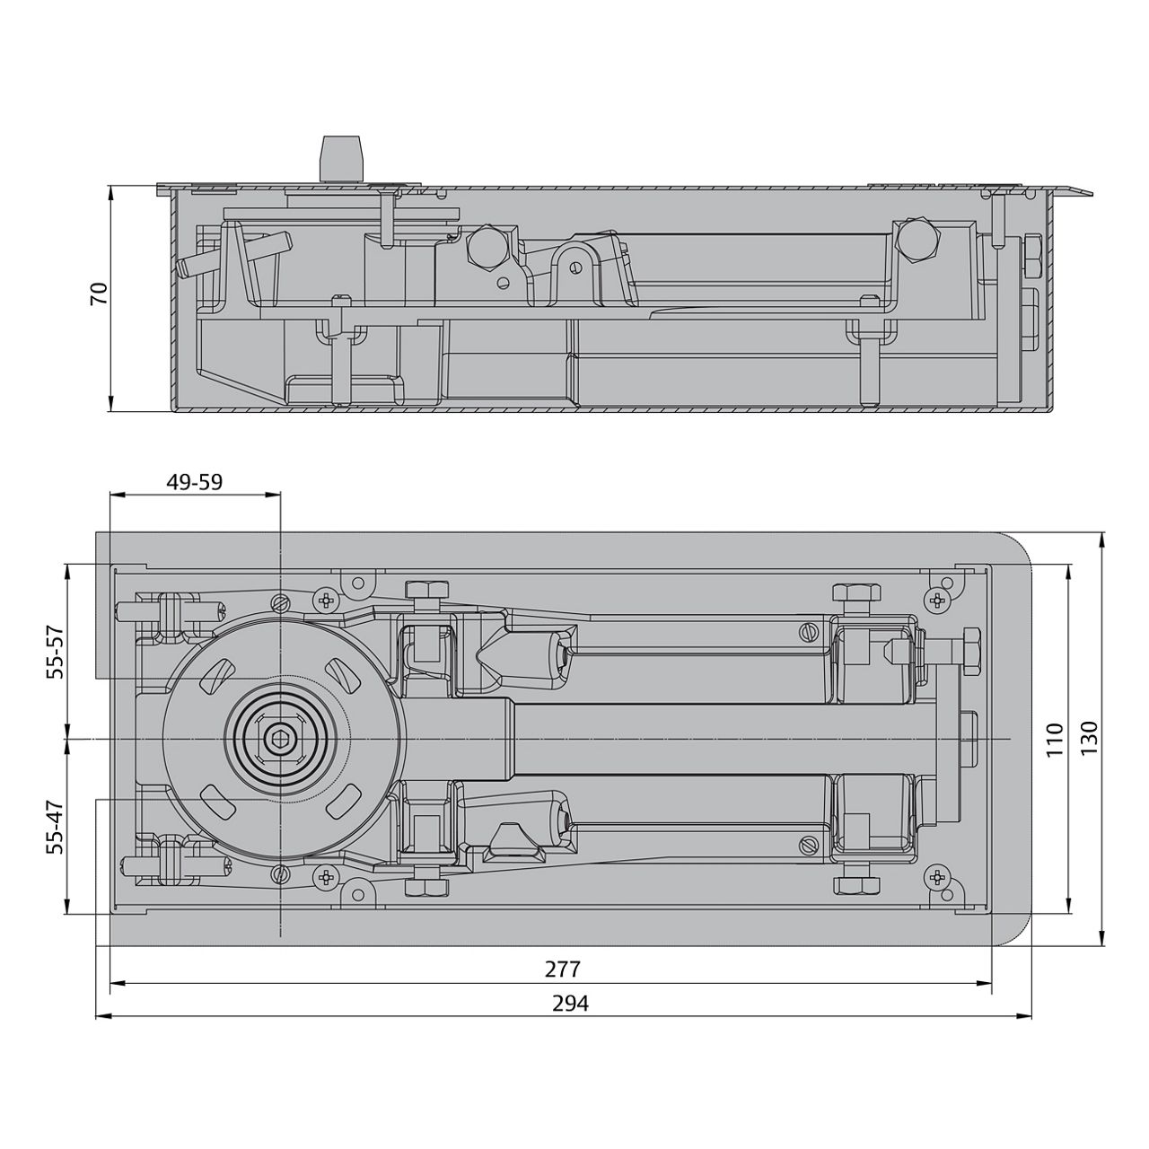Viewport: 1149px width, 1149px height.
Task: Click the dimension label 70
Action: click(x=100, y=294)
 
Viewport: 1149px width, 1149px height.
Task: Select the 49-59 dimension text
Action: click(x=194, y=482)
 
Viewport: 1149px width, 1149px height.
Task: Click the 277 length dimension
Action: click(x=563, y=969)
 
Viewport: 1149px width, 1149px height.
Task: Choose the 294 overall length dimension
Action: click(x=570, y=1004)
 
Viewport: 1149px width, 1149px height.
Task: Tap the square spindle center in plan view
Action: click(x=280, y=739)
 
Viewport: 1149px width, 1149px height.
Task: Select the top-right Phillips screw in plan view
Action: click(x=939, y=600)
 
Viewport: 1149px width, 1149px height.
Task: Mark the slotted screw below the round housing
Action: click(x=280, y=874)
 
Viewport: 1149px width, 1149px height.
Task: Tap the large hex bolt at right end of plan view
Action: click(x=970, y=648)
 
